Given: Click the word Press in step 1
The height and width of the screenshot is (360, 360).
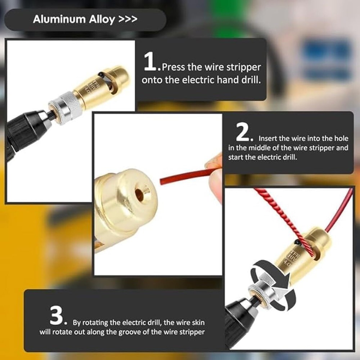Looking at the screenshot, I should [x=174, y=67].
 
